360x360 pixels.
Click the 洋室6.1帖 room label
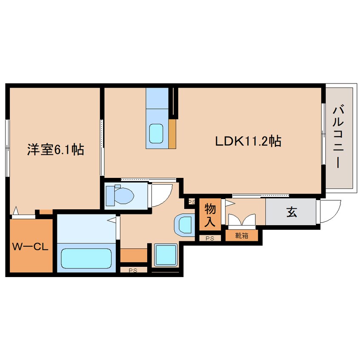point(55,149)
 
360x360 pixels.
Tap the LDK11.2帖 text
point(247,141)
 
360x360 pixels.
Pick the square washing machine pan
point(165,256)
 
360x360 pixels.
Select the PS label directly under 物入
point(210,238)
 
